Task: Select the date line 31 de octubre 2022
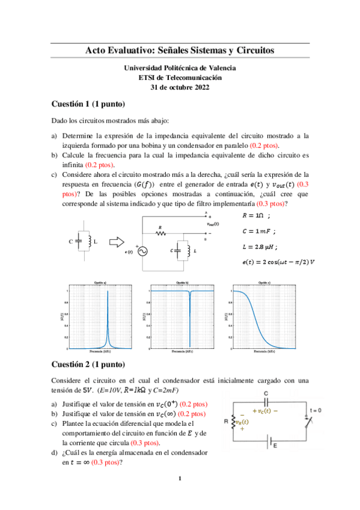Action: click(180, 87)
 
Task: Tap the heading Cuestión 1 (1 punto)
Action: click(88, 103)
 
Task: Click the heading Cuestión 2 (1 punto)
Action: click(88, 364)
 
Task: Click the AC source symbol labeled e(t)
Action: click(143, 251)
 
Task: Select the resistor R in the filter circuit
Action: click(162, 233)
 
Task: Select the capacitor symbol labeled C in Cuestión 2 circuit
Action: click(266, 402)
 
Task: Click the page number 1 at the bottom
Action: click(180, 479)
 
